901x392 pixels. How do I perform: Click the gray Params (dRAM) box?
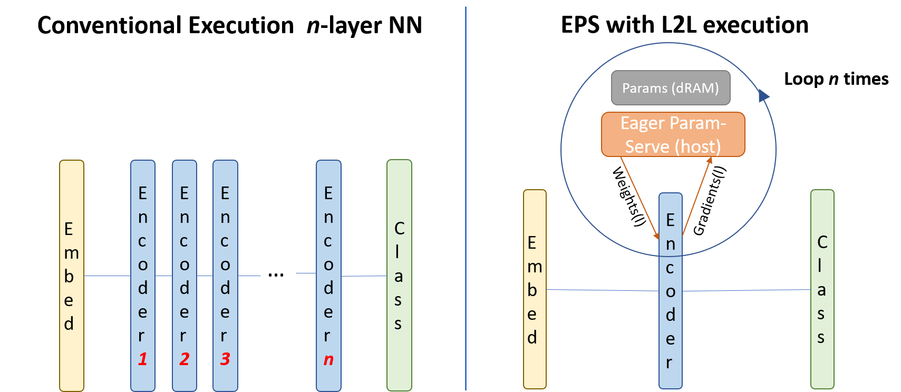point(671,88)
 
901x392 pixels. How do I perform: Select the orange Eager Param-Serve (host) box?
point(673,134)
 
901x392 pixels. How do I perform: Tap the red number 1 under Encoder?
point(142,359)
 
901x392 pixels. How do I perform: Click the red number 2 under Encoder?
point(184,359)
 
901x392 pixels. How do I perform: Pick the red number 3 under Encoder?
point(225,359)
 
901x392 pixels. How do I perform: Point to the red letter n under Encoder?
point(328,360)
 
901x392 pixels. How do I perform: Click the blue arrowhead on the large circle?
point(763,95)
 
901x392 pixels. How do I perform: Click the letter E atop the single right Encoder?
point(670,220)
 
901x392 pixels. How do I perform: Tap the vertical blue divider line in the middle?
point(466,211)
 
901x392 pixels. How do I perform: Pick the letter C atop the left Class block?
point(399,228)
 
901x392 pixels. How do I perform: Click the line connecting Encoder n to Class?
point(364,276)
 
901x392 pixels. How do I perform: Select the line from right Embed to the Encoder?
point(601,290)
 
